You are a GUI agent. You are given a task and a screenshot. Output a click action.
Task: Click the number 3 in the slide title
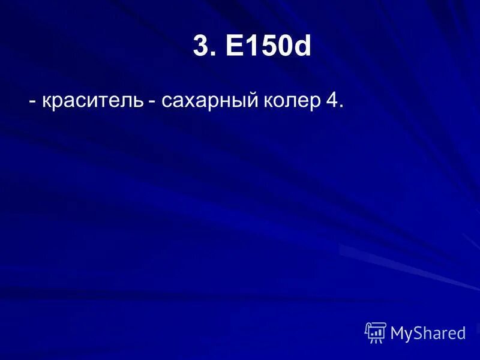coord(201,46)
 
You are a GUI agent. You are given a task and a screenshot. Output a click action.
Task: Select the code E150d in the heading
coord(269,46)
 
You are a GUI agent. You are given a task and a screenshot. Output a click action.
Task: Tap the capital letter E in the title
coord(235,46)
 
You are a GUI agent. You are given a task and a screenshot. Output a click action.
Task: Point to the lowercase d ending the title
coord(303,46)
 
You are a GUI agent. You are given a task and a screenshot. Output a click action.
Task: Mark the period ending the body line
coord(341,108)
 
